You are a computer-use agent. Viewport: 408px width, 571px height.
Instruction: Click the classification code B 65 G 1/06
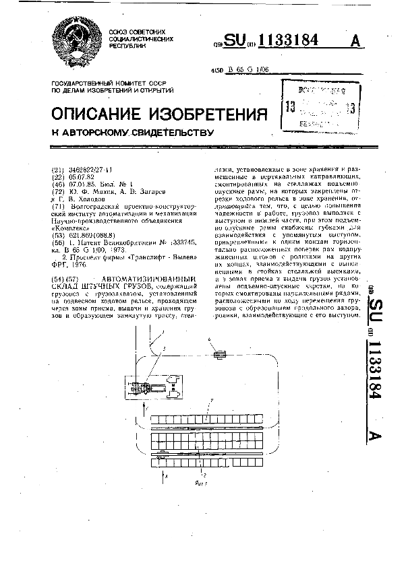tap(248, 70)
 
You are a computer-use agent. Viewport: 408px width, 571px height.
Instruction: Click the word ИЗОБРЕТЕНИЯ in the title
tap(216, 112)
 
